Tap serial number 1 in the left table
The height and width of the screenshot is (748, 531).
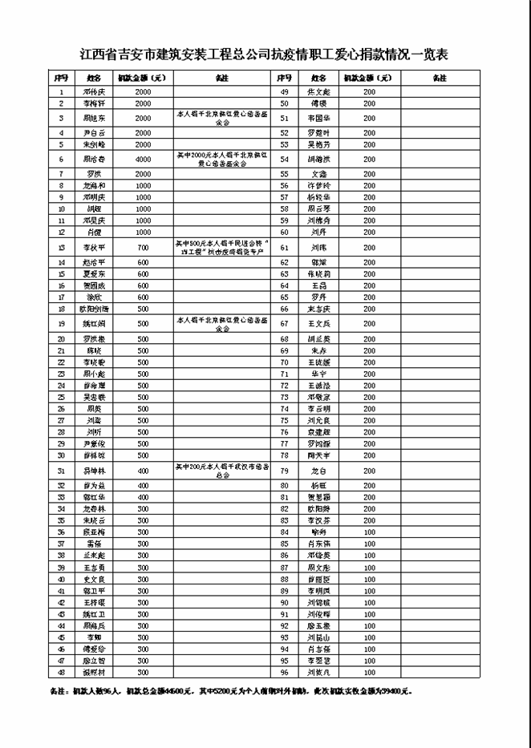61,91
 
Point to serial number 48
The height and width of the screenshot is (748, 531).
61,673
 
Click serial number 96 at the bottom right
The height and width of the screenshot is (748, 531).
284,673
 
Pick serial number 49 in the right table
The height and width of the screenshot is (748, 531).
284,91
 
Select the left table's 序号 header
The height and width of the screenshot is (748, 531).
61,78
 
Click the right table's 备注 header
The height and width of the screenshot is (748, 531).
439,78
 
